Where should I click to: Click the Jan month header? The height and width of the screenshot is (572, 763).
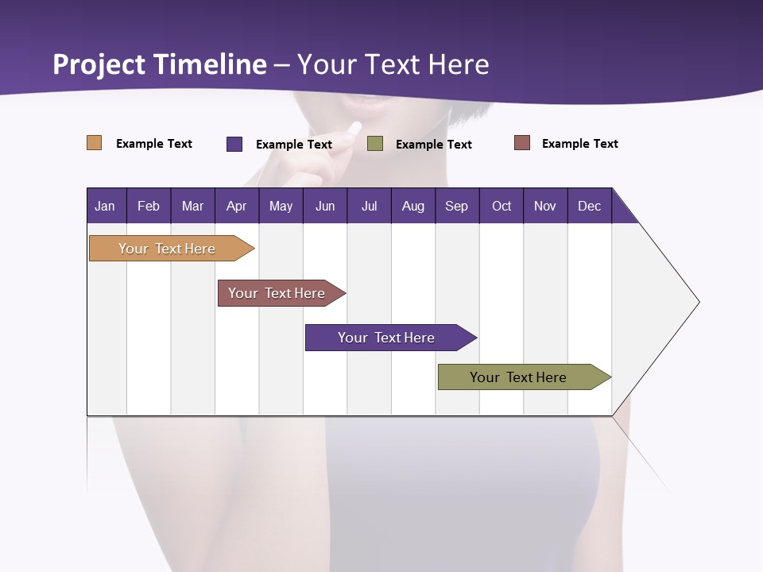106,206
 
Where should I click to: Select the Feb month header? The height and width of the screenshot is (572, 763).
149,206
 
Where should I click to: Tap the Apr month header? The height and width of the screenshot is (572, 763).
237,206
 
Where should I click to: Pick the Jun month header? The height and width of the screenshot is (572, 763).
325,206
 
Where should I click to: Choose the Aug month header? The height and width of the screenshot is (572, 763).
413,206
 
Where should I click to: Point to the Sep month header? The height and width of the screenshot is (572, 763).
457,206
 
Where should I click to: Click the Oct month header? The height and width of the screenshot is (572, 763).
502,206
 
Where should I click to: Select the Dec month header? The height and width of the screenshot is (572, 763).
590,206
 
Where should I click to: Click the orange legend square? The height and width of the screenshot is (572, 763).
95,143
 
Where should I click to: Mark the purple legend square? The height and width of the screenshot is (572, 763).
234,144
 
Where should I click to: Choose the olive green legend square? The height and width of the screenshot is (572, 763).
375,144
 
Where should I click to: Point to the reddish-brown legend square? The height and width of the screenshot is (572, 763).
522,143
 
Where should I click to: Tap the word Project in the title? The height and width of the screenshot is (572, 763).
99,64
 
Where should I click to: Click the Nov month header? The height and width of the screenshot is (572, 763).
545,206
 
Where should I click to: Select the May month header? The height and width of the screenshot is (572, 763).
281,206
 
